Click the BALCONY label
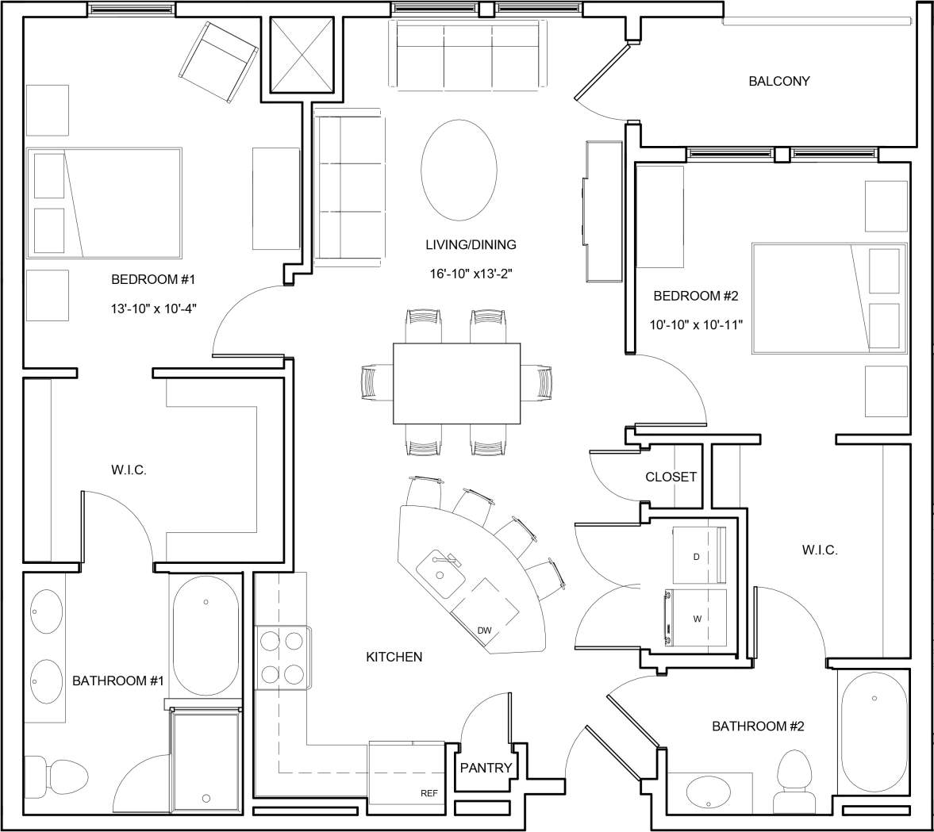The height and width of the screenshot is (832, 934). tap(778, 81)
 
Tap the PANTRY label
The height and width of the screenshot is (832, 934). tap(486, 768)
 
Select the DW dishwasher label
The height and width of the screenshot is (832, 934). tap(484, 631)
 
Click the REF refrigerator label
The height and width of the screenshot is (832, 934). tap(429, 792)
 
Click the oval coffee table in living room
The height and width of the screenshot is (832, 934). tap(459, 168)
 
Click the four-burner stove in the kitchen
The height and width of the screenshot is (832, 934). tap(283, 657)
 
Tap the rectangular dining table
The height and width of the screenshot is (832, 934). tap(456, 384)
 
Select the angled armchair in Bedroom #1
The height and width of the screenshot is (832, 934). tap(219, 62)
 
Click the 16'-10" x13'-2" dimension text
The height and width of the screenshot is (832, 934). tap(470, 274)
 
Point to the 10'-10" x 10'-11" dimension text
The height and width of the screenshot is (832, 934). tap(695, 325)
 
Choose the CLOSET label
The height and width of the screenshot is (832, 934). tap(671, 477)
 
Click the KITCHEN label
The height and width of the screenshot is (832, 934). tap(394, 657)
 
